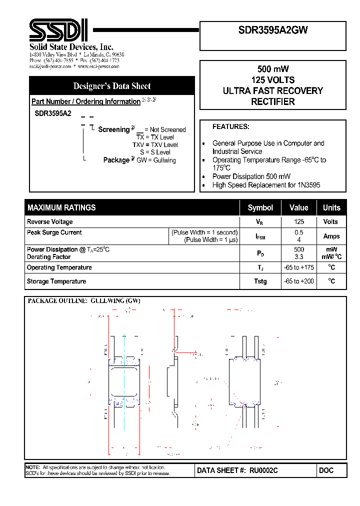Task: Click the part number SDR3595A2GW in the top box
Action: pos(273,30)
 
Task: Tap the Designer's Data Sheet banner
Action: pos(112,86)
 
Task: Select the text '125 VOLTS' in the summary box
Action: pos(272,80)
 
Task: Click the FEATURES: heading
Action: pos(230,127)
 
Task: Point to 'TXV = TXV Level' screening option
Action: pos(155,144)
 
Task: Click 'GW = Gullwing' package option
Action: pos(156,160)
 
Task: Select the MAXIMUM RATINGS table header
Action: pos(61,207)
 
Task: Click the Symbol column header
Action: pos(260,207)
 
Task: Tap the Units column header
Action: pos(331,207)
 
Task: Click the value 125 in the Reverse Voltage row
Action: pos(299,221)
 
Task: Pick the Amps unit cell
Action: pos(331,236)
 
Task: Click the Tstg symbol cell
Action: pos(260,281)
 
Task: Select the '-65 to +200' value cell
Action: pos(299,281)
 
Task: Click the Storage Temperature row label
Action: pos(56,281)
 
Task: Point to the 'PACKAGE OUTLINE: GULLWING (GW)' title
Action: pos(84,301)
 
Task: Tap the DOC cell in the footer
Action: pos(326,470)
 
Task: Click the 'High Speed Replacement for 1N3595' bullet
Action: pos(266,185)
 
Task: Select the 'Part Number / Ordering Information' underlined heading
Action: pos(86,101)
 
